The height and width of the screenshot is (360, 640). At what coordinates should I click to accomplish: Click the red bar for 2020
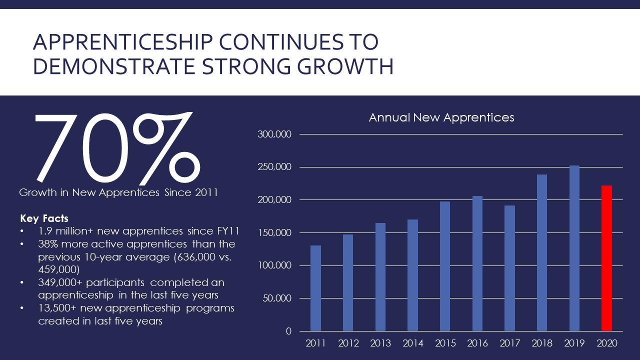[x=606, y=258]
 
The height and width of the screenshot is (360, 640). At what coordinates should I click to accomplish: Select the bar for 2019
[x=574, y=248]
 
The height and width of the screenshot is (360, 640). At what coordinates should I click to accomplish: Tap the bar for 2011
[x=315, y=288]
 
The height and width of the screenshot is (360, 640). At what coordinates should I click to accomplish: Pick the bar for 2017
[x=509, y=268]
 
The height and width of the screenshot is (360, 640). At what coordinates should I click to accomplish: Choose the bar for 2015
[x=445, y=266]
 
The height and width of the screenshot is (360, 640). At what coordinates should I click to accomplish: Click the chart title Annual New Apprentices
[x=441, y=117]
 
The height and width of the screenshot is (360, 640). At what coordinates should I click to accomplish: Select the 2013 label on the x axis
[x=380, y=343]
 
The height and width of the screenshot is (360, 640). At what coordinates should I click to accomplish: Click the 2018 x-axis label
[x=542, y=343]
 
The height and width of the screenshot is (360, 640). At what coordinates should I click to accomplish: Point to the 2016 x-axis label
[x=477, y=343]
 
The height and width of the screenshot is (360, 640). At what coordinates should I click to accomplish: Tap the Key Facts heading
[x=44, y=218]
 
